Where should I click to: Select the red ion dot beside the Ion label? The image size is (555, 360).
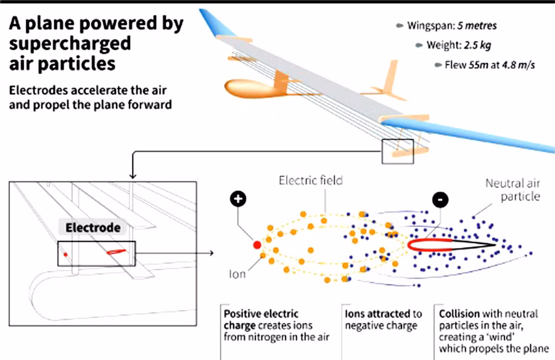257,245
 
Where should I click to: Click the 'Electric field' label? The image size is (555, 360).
311,181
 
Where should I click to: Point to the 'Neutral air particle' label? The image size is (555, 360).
512,190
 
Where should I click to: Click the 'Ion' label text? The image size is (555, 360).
237,274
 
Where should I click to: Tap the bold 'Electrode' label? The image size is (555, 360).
93,227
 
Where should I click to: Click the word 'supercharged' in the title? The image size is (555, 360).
70,44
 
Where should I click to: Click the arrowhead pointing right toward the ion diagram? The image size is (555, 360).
211,253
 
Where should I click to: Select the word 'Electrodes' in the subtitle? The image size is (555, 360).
36,90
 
